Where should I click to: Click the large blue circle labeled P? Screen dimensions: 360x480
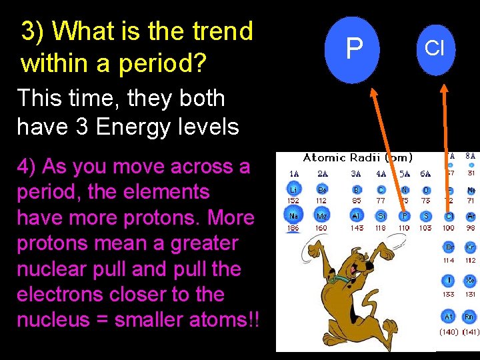[x=354, y=49]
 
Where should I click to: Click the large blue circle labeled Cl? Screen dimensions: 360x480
[x=434, y=49]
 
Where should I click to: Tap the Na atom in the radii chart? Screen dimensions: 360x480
[x=293, y=216]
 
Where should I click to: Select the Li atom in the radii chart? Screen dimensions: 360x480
[x=293, y=190]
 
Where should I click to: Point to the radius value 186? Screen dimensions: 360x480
[x=293, y=228]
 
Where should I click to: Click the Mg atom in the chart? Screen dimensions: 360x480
[x=322, y=216]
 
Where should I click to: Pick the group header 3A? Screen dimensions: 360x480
[x=357, y=174]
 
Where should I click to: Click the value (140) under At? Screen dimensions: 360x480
[x=449, y=331]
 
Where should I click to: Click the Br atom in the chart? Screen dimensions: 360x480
[x=449, y=247]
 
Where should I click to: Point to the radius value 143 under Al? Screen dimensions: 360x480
[x=357, y=228]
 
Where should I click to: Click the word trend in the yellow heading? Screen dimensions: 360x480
[x=219, y=31]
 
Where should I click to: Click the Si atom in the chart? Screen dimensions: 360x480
[x=381, y=216]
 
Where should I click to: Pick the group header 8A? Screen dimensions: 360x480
[x=471, y=156]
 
